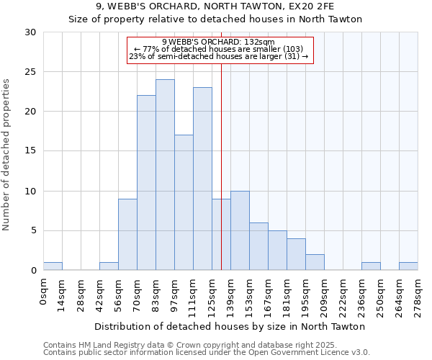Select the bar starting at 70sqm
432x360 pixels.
pyautogui.click(x=146, y=183)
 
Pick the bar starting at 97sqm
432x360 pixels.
pyautogui.click(x=184, y=202)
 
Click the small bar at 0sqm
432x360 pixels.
pyautogui.click(x=53, y=266)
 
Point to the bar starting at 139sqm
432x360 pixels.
pyautogui.click(x=240, y=230)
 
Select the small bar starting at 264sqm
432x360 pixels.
pyautogui.click(x=408, y=266)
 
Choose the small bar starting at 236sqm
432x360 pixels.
pyautogui.click(x=371, y=266)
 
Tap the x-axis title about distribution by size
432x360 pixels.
pyautogui.click(x=230, y=326)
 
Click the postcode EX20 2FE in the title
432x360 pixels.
pyautogui.click(x=314, y=6)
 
